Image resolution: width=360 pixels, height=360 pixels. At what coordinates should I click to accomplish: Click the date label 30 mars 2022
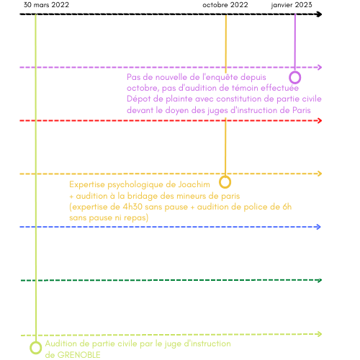[46, 5]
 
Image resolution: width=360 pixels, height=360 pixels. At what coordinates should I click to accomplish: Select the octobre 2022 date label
[225, 5]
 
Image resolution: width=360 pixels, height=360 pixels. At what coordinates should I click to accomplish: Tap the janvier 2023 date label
[292, 5]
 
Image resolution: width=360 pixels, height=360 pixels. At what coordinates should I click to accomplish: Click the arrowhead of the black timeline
[319, 14]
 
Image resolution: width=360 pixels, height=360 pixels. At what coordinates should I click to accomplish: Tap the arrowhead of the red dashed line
[320, 120]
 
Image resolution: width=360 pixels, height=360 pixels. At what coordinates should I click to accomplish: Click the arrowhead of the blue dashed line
[319, 227]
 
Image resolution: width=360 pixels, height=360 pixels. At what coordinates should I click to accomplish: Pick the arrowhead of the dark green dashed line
[320, 280]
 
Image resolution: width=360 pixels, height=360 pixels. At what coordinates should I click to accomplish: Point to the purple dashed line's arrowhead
[320, 67]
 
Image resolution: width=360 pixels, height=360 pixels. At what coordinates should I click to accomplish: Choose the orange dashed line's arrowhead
[320, 174]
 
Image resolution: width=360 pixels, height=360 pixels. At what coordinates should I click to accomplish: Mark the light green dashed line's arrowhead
[320, 334]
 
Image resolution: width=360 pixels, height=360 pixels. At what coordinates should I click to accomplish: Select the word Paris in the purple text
[302, 110]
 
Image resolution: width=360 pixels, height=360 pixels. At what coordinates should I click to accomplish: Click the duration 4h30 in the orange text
[132, 207]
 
